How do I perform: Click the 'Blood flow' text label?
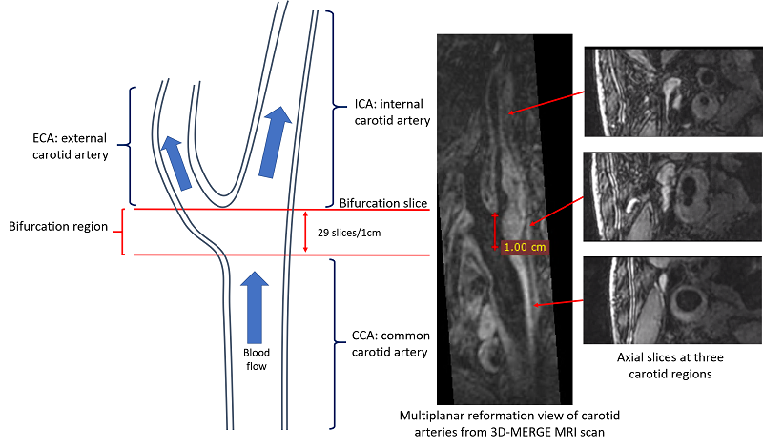point(255,358)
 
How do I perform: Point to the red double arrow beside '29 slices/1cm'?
point(304,232)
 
